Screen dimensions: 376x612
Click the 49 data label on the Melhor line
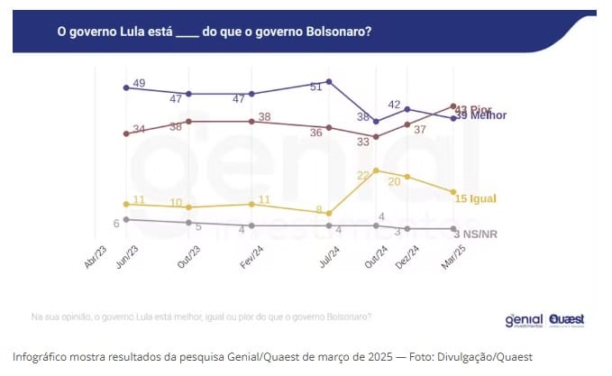pos(140,83)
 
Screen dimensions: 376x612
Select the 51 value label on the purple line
pos(315,87)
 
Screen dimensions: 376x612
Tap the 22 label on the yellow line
pos(365,176)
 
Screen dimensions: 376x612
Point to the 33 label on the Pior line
pos(363,142)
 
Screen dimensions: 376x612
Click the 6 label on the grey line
pos(116,223)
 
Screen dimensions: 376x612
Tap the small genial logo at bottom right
pos(524,320)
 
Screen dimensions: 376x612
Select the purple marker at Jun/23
pos(126,87)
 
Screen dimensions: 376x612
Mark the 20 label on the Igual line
pos(394,181)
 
